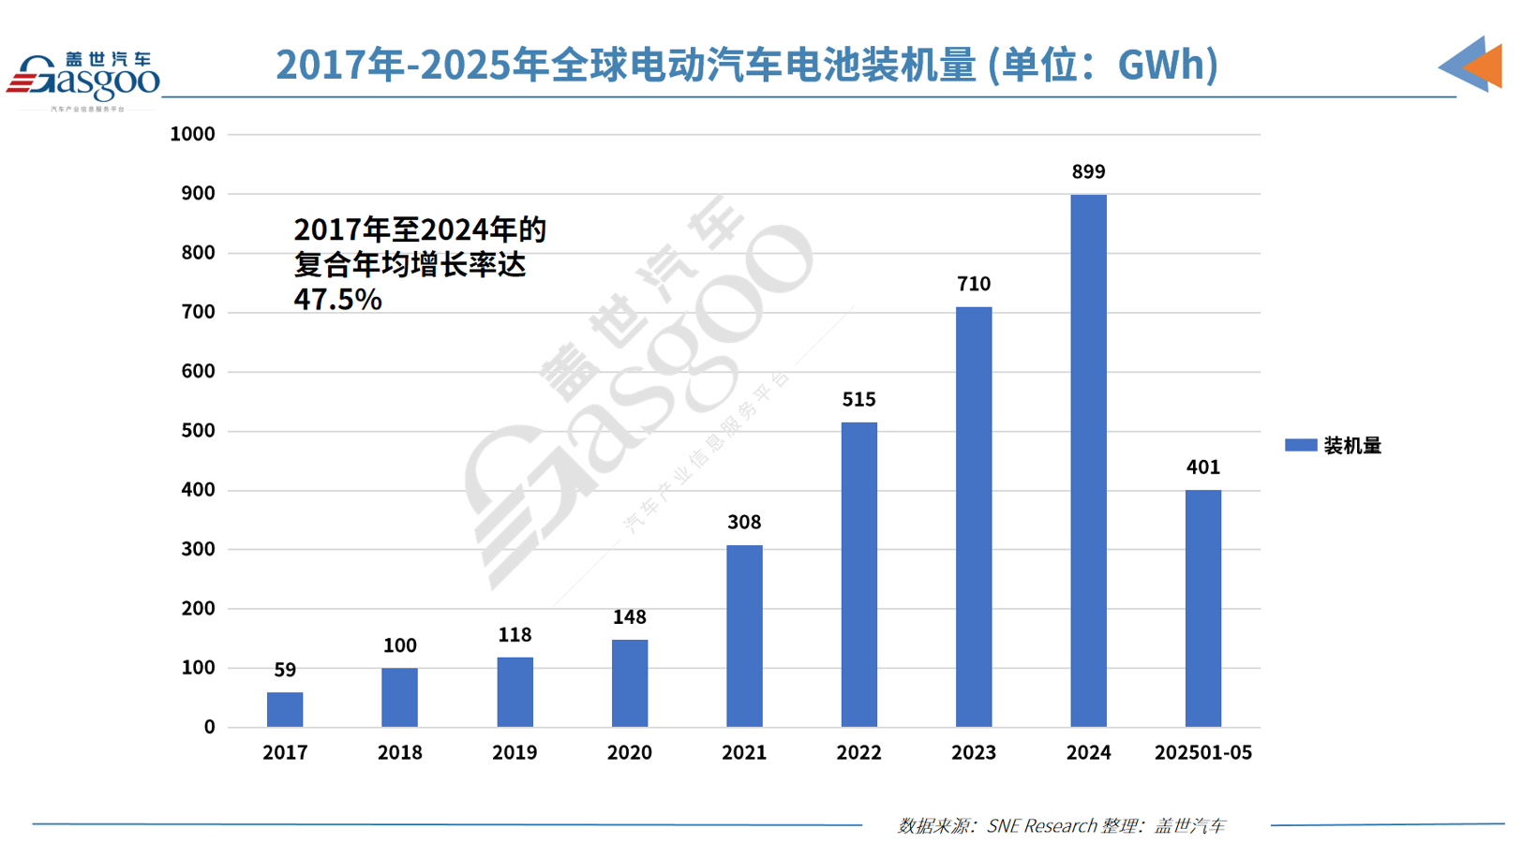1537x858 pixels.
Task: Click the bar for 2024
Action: [1088, 461]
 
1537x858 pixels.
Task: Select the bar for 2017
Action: [285, 709]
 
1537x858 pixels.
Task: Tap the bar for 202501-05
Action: [1202, 608]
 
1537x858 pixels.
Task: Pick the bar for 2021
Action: [744, 636]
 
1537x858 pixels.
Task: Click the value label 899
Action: [1088, 172]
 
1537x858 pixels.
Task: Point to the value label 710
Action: [974, 284]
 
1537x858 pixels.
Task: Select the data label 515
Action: [858, 400]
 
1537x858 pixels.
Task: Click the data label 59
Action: [285, 670]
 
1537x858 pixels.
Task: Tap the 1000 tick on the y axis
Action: [192, 134]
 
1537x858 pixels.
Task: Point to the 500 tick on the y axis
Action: [197, 431]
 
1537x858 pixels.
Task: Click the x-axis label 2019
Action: [515, 752]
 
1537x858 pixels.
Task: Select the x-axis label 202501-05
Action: [1202, 752]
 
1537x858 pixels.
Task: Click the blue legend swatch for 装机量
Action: [1301, 446]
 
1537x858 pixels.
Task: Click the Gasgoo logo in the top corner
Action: [84, 80]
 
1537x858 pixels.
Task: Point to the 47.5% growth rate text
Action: [337, 300]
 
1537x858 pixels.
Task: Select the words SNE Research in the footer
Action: [1041, 826]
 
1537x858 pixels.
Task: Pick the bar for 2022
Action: [858, 574]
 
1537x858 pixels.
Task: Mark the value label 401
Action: [1202, 467]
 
